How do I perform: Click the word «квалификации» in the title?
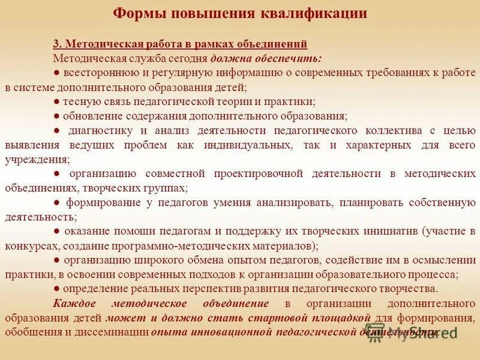(x=313, y=13)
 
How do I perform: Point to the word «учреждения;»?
(x=37, y=160)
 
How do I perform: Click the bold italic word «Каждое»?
(x=73, y=304)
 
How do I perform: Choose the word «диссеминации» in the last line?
(x=118, y=332)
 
